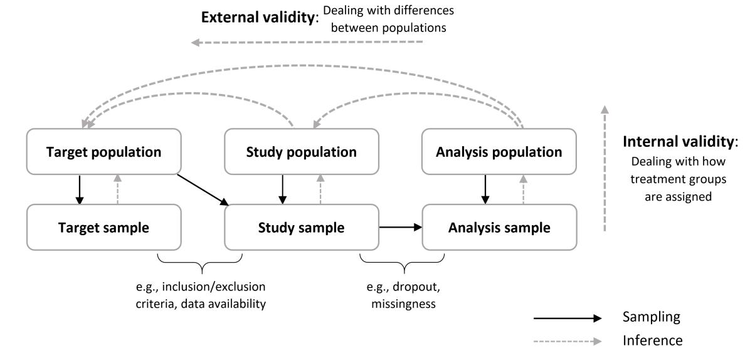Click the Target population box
coord(103,152)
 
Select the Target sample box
coord(104,227)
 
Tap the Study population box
coord(301,152)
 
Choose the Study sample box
coord(301,227)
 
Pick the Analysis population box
coord(499,152)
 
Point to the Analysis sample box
coord(499,227)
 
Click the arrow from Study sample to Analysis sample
coord(400,228)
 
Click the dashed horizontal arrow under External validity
coord(307,43)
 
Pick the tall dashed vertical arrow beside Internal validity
coord(605,169)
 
